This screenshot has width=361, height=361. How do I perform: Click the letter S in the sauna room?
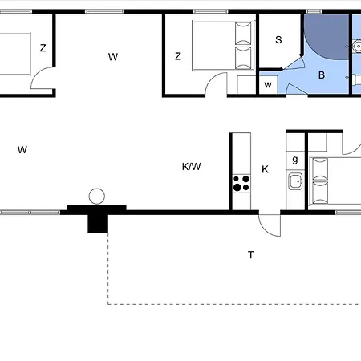(278, 40)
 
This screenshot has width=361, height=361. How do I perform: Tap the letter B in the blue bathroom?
(322, 75)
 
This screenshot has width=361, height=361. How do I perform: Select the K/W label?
(191, 167)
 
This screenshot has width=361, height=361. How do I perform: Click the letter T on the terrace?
(250, 255)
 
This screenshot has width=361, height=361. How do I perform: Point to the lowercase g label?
(295, 160)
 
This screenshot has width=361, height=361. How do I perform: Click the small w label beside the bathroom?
(268, 85)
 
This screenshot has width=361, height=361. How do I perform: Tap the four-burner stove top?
(241, 183)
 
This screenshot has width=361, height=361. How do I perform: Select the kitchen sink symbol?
(295, 181)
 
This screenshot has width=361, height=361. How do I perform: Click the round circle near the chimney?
(97, 197)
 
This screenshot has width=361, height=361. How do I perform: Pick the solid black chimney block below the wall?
(98, 224)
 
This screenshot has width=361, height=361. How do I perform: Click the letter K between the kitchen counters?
(265, 169)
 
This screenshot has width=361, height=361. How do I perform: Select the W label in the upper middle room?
(113, 57)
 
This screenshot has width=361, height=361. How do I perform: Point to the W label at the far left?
(22, 149)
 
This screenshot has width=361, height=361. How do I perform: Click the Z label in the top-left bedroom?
(43, 48)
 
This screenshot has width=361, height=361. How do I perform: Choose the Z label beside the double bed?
(178, 56)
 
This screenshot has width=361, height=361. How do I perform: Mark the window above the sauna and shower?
(314, 11)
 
